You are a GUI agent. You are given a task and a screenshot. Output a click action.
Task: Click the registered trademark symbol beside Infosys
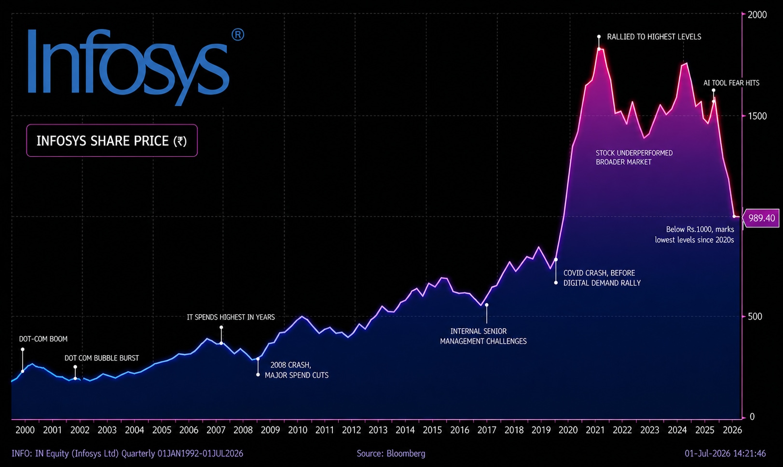tap(238, 35)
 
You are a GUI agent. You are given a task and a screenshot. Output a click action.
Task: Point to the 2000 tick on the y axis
tap(757, 14)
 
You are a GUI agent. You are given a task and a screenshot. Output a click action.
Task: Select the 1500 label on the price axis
tap(757, 116)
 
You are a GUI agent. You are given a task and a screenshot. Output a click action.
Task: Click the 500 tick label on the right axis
tap(755, 317)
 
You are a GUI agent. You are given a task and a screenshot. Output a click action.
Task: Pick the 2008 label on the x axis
tap(243, 430)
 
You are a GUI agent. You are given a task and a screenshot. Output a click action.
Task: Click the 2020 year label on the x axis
tap(568, 430)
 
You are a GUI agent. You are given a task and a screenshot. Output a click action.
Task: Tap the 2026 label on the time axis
tap(732, 430)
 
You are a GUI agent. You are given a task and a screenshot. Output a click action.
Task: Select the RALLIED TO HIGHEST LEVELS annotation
tap(654, 37)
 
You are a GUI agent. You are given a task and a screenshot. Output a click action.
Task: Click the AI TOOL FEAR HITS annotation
tap(731, 83)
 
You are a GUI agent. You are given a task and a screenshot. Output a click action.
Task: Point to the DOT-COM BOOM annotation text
tap(43, 339)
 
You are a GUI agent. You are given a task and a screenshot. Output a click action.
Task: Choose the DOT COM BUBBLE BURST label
tap(102, 358)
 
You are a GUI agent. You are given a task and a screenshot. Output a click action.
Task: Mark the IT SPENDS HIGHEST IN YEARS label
tap(231, 317)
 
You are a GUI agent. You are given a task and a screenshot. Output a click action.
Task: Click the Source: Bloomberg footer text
tap(391, 454)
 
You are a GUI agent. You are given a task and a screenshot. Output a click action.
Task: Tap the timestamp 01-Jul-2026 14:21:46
tap(725, 454)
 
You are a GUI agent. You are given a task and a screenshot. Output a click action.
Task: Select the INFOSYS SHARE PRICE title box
tap(112, 140)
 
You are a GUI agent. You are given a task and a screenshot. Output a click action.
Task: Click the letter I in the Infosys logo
tap(32, 62)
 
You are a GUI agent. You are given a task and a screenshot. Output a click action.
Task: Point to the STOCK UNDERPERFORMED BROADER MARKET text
tap(634, 158)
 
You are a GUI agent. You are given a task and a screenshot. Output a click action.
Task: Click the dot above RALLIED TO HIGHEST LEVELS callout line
tap(599, 37)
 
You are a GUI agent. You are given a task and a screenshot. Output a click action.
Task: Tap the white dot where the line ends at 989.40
tap(734, 216)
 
